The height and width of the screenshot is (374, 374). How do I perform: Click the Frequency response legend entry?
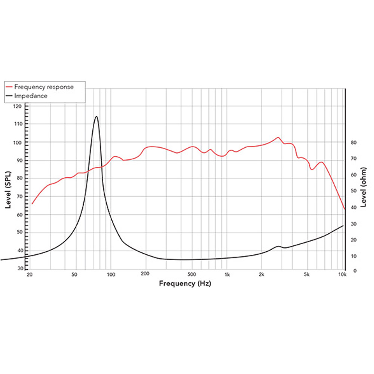[44, 87]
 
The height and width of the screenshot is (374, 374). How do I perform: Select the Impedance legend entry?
[31, 96]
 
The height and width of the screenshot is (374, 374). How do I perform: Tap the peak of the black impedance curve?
[96, 116]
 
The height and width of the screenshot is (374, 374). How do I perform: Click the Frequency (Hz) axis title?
[185, 283]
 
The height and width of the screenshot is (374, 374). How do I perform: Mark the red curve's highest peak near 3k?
[278, 137]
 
